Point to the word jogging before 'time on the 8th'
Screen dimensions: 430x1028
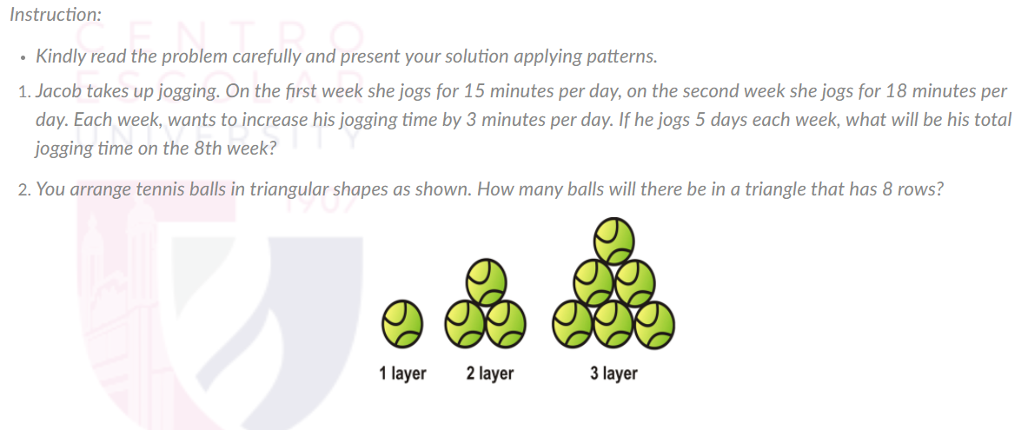[x=63, y=149]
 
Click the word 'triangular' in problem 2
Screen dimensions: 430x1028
[x=285, y=189]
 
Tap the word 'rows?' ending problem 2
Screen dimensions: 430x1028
[x=923, y=189]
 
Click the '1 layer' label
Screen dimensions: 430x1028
[x=403, y=374]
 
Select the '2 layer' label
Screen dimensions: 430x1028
[x=490, y=374]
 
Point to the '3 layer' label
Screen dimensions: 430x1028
[x=613, y=374]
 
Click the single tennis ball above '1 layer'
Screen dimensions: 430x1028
[x=402, y=323]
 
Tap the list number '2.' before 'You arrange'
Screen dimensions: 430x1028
[x=23, y=189]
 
